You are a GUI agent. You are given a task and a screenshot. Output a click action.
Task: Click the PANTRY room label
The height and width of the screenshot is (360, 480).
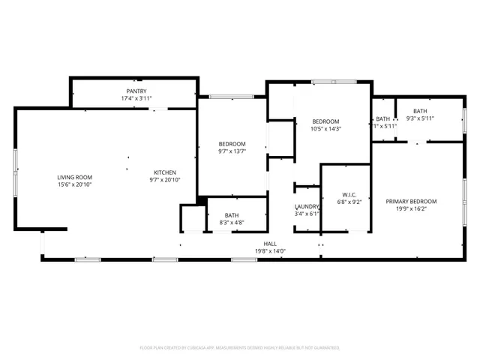click(136, 91)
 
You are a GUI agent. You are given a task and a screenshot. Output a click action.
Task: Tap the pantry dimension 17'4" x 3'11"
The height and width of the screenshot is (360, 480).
click(136, 98)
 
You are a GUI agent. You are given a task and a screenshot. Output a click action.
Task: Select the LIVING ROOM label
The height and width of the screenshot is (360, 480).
click(74, 177)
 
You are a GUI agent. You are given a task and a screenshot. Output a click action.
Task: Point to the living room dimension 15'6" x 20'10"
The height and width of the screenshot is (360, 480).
click(74, 184)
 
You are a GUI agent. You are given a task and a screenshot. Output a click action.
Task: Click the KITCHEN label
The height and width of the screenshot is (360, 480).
click(165, 172)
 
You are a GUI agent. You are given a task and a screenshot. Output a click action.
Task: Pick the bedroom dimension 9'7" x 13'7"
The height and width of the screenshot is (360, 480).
click(232, 151)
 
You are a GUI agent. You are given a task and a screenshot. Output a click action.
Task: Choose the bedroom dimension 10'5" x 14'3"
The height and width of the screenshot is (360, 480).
click(325, 129)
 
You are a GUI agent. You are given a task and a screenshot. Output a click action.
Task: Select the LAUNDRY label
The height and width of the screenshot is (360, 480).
click(307, 206)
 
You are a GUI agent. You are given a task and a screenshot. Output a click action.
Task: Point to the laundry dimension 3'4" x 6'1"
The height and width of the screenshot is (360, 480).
click(307, 214)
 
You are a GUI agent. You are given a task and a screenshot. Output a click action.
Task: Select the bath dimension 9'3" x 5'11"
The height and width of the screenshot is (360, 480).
click(420, 118)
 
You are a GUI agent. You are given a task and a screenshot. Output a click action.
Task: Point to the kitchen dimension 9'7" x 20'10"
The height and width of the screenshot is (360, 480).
click(165, 180)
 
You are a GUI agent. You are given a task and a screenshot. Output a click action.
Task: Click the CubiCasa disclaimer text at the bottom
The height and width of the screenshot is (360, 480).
click(240, 348)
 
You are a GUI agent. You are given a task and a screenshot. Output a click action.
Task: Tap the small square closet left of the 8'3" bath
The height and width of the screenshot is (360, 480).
click(192, 219)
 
